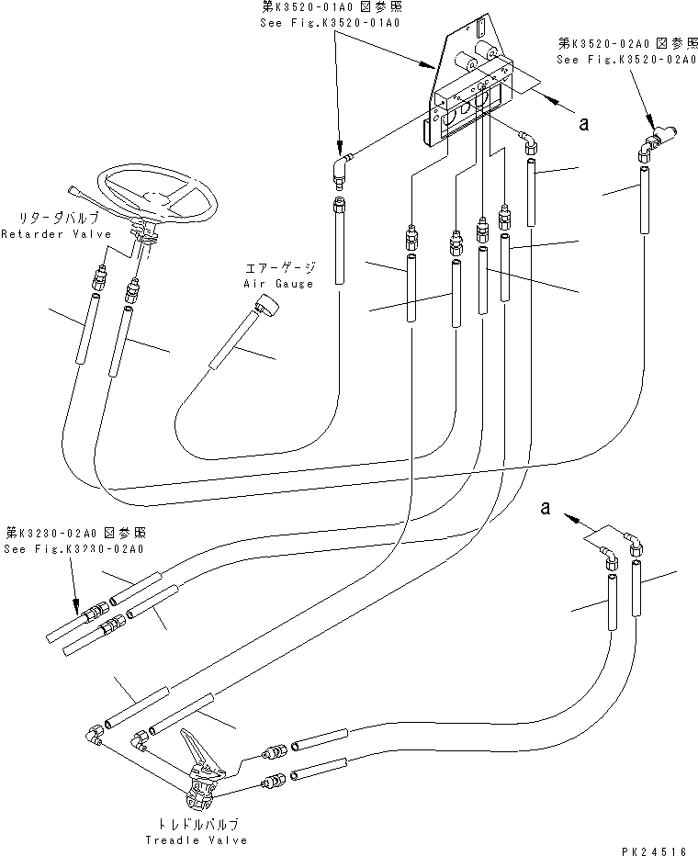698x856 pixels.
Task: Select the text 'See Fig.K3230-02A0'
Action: (x=73, y=549)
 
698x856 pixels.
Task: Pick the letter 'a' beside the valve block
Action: (x=582, y=125)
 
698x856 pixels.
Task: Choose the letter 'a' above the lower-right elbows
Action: (x=546, y=510)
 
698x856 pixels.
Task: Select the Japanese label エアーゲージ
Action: (x=279, y=268)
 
